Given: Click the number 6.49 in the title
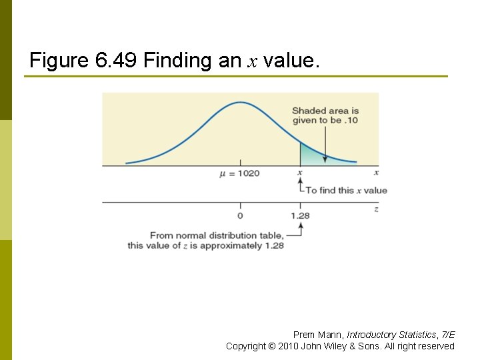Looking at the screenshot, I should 117,61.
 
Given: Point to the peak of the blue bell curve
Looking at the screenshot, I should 241,103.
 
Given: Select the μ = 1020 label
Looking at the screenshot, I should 239,173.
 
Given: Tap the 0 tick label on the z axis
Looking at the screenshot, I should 240,215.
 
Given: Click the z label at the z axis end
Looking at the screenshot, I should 376,209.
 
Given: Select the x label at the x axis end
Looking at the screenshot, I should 376,173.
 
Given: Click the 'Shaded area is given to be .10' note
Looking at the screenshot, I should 325,115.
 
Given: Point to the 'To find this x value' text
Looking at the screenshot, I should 346,190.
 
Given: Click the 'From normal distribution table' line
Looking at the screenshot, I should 217,235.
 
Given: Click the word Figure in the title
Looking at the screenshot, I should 59,61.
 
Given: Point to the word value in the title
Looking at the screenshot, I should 289,61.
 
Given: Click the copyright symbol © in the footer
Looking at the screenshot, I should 271,346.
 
